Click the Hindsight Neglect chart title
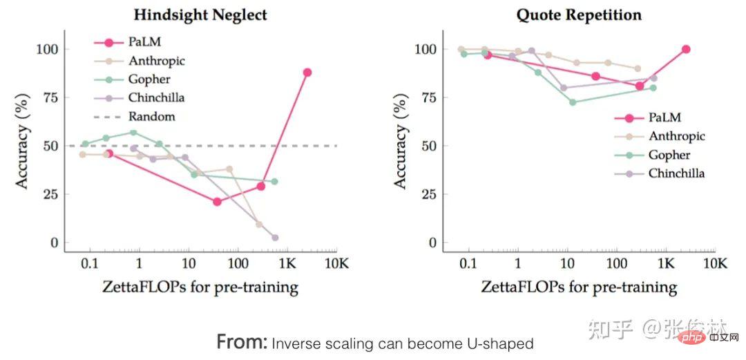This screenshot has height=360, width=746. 200,15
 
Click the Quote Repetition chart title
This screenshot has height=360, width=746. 579,15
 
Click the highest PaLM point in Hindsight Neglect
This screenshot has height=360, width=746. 307,72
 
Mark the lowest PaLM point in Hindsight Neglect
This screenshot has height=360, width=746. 217,202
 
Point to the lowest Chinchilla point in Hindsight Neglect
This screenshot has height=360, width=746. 275,238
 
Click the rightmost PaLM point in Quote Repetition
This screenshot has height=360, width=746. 686,49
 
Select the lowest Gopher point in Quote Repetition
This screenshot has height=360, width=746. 573,102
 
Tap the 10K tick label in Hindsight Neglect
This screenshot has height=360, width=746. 336,263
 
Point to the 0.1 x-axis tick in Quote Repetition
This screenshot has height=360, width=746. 468,263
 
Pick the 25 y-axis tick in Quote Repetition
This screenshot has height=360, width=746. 429,194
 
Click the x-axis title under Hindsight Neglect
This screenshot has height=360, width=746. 200,287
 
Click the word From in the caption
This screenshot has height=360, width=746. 242,341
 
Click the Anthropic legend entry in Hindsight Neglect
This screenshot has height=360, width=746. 156,61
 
